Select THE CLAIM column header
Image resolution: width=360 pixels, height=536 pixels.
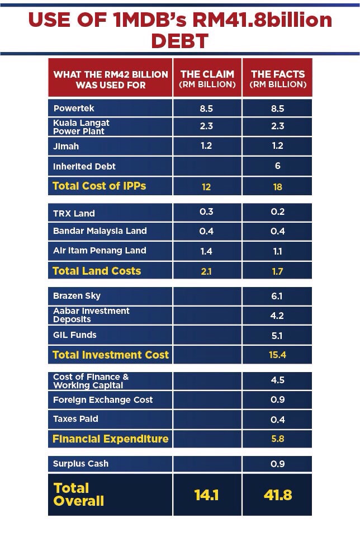207,79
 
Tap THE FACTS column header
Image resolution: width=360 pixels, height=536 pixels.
278,79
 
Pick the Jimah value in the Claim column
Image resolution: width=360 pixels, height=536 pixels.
206,145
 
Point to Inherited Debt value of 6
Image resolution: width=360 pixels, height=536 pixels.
278,166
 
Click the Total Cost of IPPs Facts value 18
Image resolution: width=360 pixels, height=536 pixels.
278,187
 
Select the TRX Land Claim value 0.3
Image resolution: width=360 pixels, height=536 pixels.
206,211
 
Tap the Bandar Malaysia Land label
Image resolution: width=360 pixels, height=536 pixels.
100,231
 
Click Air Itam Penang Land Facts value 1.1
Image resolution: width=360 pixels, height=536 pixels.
278,251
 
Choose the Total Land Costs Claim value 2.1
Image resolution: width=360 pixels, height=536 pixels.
206,271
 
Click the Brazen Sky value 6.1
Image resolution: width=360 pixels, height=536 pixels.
278,296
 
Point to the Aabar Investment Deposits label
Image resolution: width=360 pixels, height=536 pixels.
91,315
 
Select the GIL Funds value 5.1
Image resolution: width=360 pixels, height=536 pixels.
278,336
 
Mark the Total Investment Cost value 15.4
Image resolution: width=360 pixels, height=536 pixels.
278,355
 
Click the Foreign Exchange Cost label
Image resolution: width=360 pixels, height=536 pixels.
102,399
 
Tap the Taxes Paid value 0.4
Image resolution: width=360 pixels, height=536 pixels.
278,420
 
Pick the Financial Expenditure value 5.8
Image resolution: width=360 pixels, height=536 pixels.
278,439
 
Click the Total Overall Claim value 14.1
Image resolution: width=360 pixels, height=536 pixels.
206,495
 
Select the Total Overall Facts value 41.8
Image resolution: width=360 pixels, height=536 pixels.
278,495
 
